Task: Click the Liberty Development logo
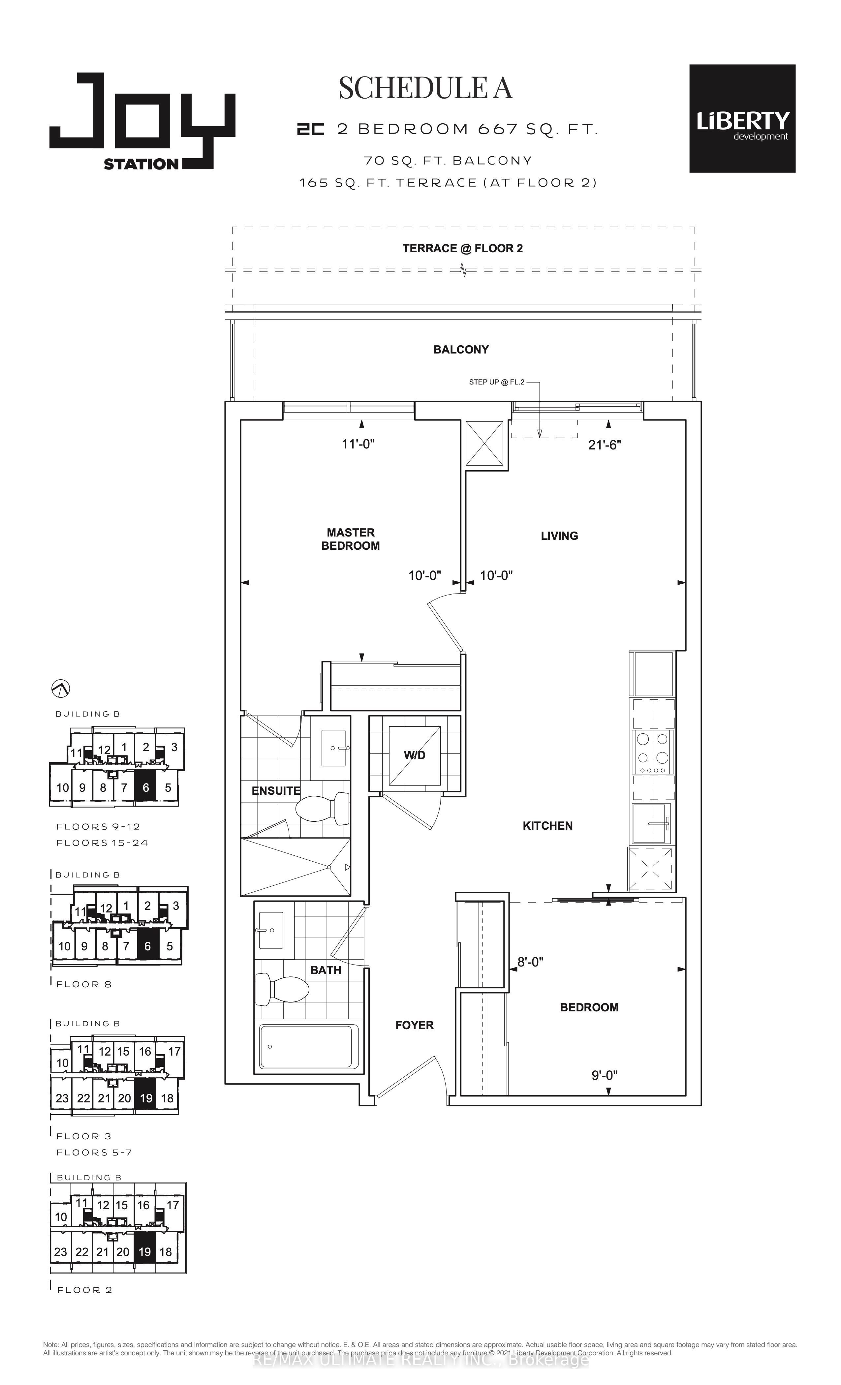pyautogui.click(x=742, y=119)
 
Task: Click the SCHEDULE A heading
pyautogui.click(x=425, y=88)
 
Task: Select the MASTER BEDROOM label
pyautogui.click(x=350, y=539)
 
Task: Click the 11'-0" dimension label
pyautogui.click(x=358, y=444)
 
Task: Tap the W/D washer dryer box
pyautogui.click(x=414, y=755)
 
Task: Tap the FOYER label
pyautogui.click(x=414, y=1025)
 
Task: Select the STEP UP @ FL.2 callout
pyautogui.click(x=496, y=382)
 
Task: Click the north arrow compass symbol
pyautogui.click(x=60, y=688)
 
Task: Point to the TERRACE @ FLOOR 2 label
pyautogui.click(x=462, y=248)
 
